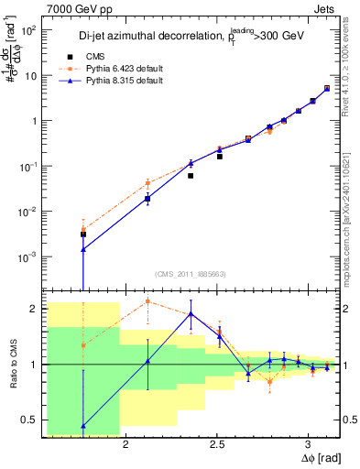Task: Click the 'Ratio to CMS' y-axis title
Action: point(12,365)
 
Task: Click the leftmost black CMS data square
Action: point(83,234)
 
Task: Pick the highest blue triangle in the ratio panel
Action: point(191,313)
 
